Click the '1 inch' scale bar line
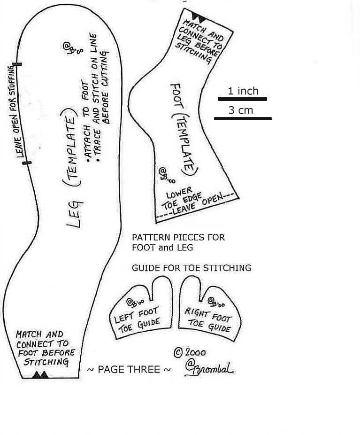click(x=242, y=99)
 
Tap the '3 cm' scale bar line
click(x=243, y=118)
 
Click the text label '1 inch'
click(x=243, y=91)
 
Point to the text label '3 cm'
click(x=241, y=110)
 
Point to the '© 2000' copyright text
click(x=190, y=352)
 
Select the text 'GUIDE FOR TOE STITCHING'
click(x=191, y=268)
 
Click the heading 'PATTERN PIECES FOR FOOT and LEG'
click(x=178, y=242)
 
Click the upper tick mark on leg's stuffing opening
click(x=17, y=63)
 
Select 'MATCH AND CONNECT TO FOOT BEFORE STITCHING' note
click(x=44, y=348)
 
